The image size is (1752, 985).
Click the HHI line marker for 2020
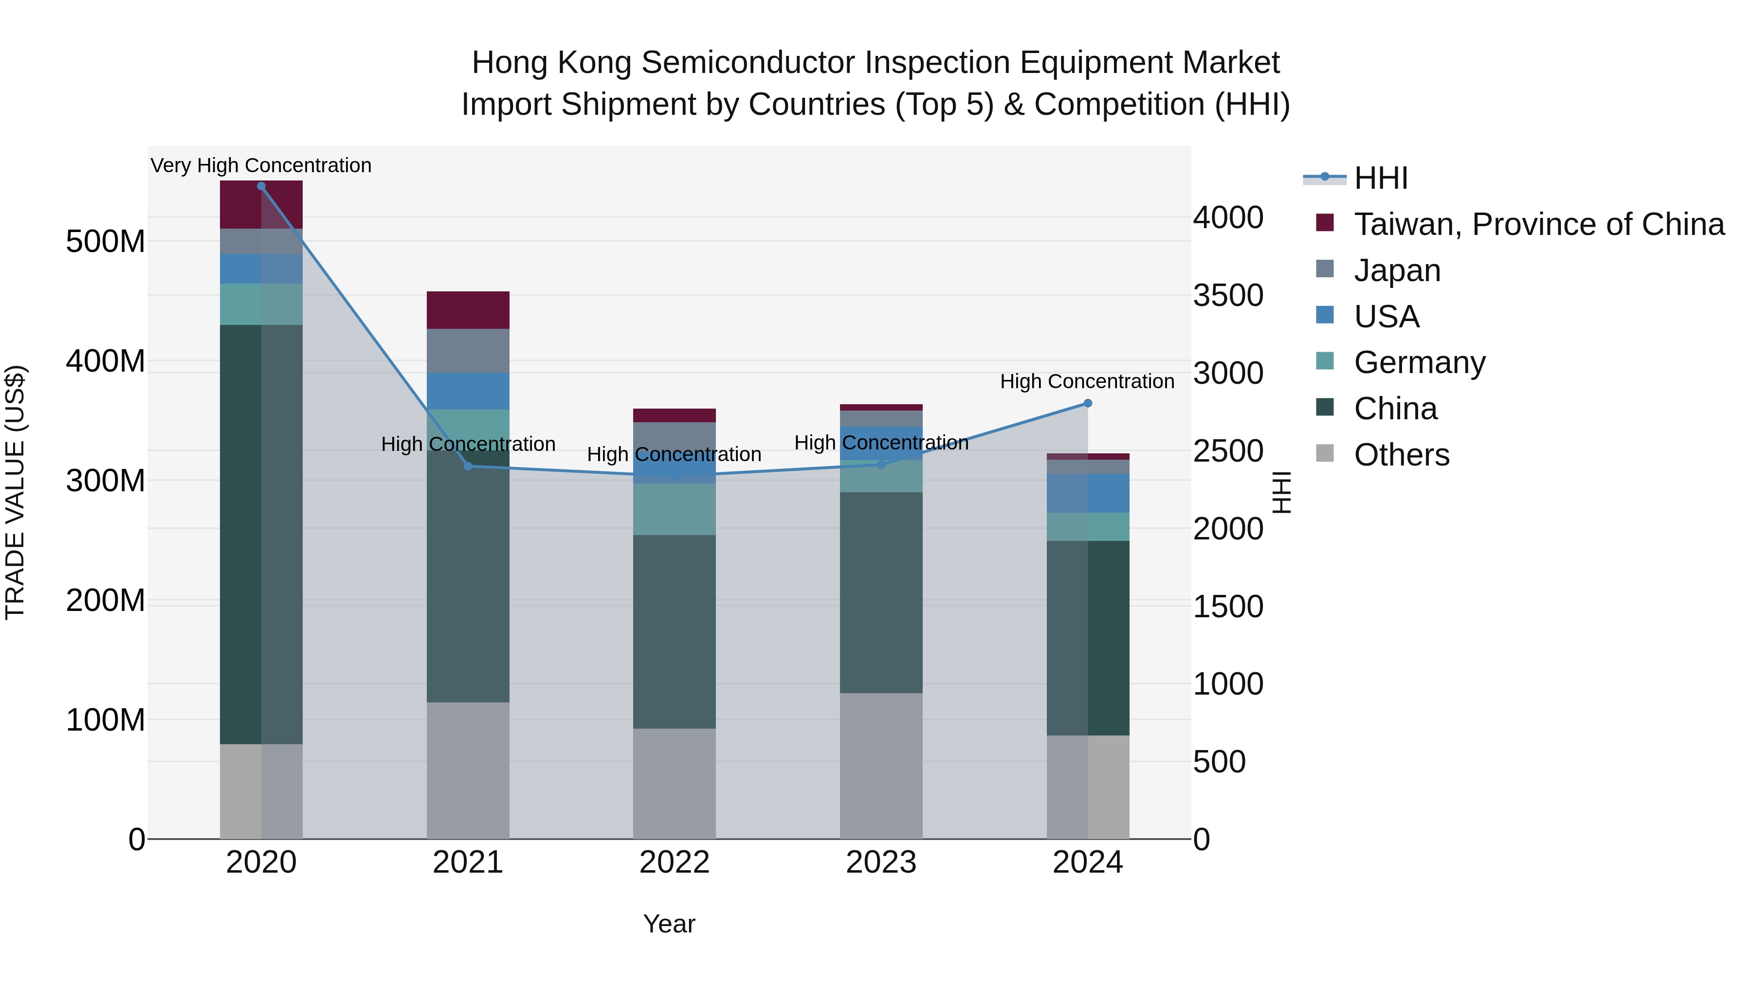261,186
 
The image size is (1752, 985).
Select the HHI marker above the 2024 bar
1088,404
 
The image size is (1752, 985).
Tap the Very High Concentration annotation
261,166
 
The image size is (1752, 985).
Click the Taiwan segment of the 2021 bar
468,310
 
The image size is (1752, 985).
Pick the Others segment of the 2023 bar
881,766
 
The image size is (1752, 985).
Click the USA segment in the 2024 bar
1088,494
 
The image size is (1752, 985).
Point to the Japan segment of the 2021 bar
468,351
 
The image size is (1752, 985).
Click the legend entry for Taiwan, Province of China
1538,224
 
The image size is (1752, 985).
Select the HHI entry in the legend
1381,178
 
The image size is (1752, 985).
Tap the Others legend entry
1401,455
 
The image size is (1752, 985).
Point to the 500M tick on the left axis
106,241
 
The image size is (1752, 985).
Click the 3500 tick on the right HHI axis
1228,296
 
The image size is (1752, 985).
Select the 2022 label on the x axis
674,862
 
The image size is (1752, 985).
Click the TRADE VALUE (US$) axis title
15,492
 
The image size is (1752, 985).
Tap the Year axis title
669,924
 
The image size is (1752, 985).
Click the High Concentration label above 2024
1087,381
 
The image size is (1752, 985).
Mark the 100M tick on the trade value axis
106,720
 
